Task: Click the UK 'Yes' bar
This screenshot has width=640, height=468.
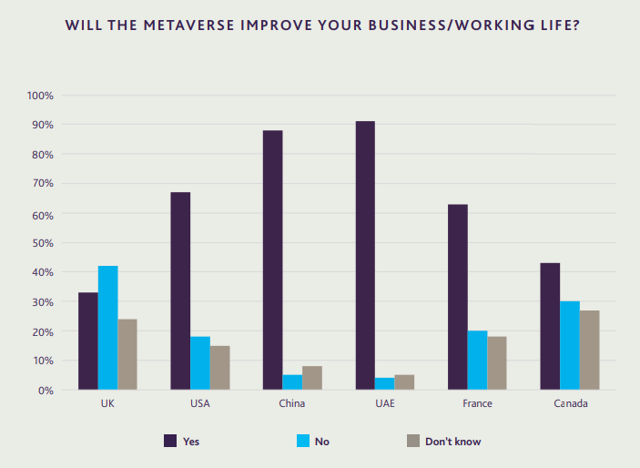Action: (88, 341)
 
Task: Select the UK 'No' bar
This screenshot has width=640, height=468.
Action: (107, 328)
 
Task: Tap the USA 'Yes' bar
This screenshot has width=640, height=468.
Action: (180, 291)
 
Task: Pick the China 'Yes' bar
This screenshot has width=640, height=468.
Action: (273, 260)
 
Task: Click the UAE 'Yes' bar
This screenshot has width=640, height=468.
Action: (365, 256)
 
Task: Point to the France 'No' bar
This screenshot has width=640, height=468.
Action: (477, 361)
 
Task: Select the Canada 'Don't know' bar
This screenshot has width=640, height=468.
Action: (589, 351)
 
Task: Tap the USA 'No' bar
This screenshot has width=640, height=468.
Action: (200, 363)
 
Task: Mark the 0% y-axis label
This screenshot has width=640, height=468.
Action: (46, 391)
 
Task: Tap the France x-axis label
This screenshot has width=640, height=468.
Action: (478, 403)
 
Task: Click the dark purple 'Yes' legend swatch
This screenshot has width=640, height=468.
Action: (169, 441)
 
